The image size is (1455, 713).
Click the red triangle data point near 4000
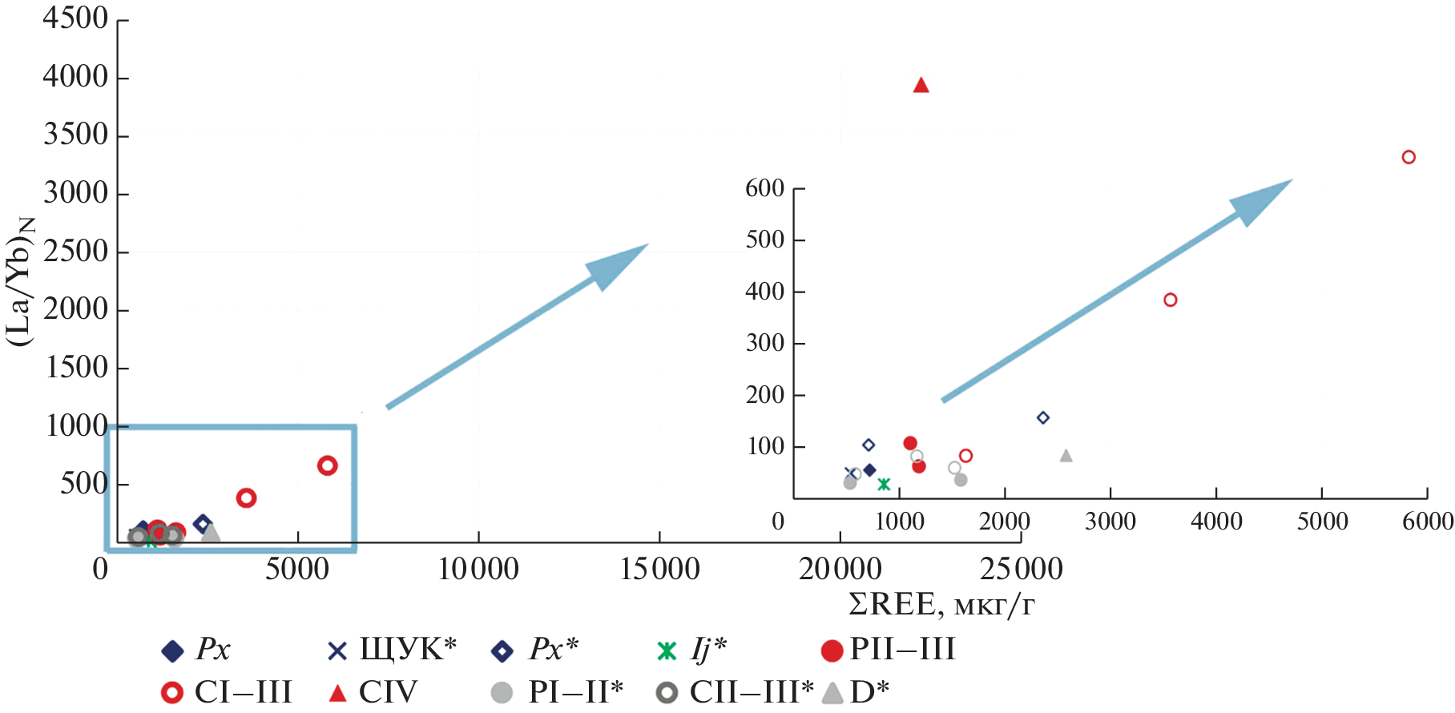921,85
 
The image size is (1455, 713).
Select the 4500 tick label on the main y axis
75,18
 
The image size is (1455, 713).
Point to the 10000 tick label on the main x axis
478,570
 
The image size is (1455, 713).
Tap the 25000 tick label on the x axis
1021,570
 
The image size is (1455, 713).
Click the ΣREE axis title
941,605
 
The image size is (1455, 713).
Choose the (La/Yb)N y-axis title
21,280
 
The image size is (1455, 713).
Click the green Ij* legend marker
667,651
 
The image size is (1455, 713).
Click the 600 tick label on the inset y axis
764,188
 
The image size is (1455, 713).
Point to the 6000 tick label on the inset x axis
1427,522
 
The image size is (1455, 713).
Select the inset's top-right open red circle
1409,157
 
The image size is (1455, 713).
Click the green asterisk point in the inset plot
884,484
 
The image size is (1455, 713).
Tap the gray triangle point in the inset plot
1066,456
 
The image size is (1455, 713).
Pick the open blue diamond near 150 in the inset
1042,417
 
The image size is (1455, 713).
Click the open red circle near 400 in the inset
1170,300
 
